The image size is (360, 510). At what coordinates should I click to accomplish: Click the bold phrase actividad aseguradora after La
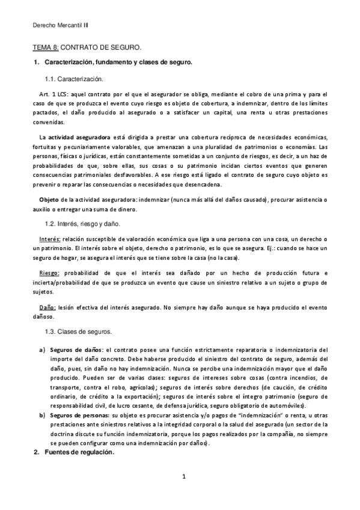[x=79, y=138]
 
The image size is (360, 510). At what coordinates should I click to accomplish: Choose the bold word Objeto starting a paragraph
[x=50, y=199]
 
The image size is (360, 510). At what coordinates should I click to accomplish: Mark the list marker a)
[x=42, y=349]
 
